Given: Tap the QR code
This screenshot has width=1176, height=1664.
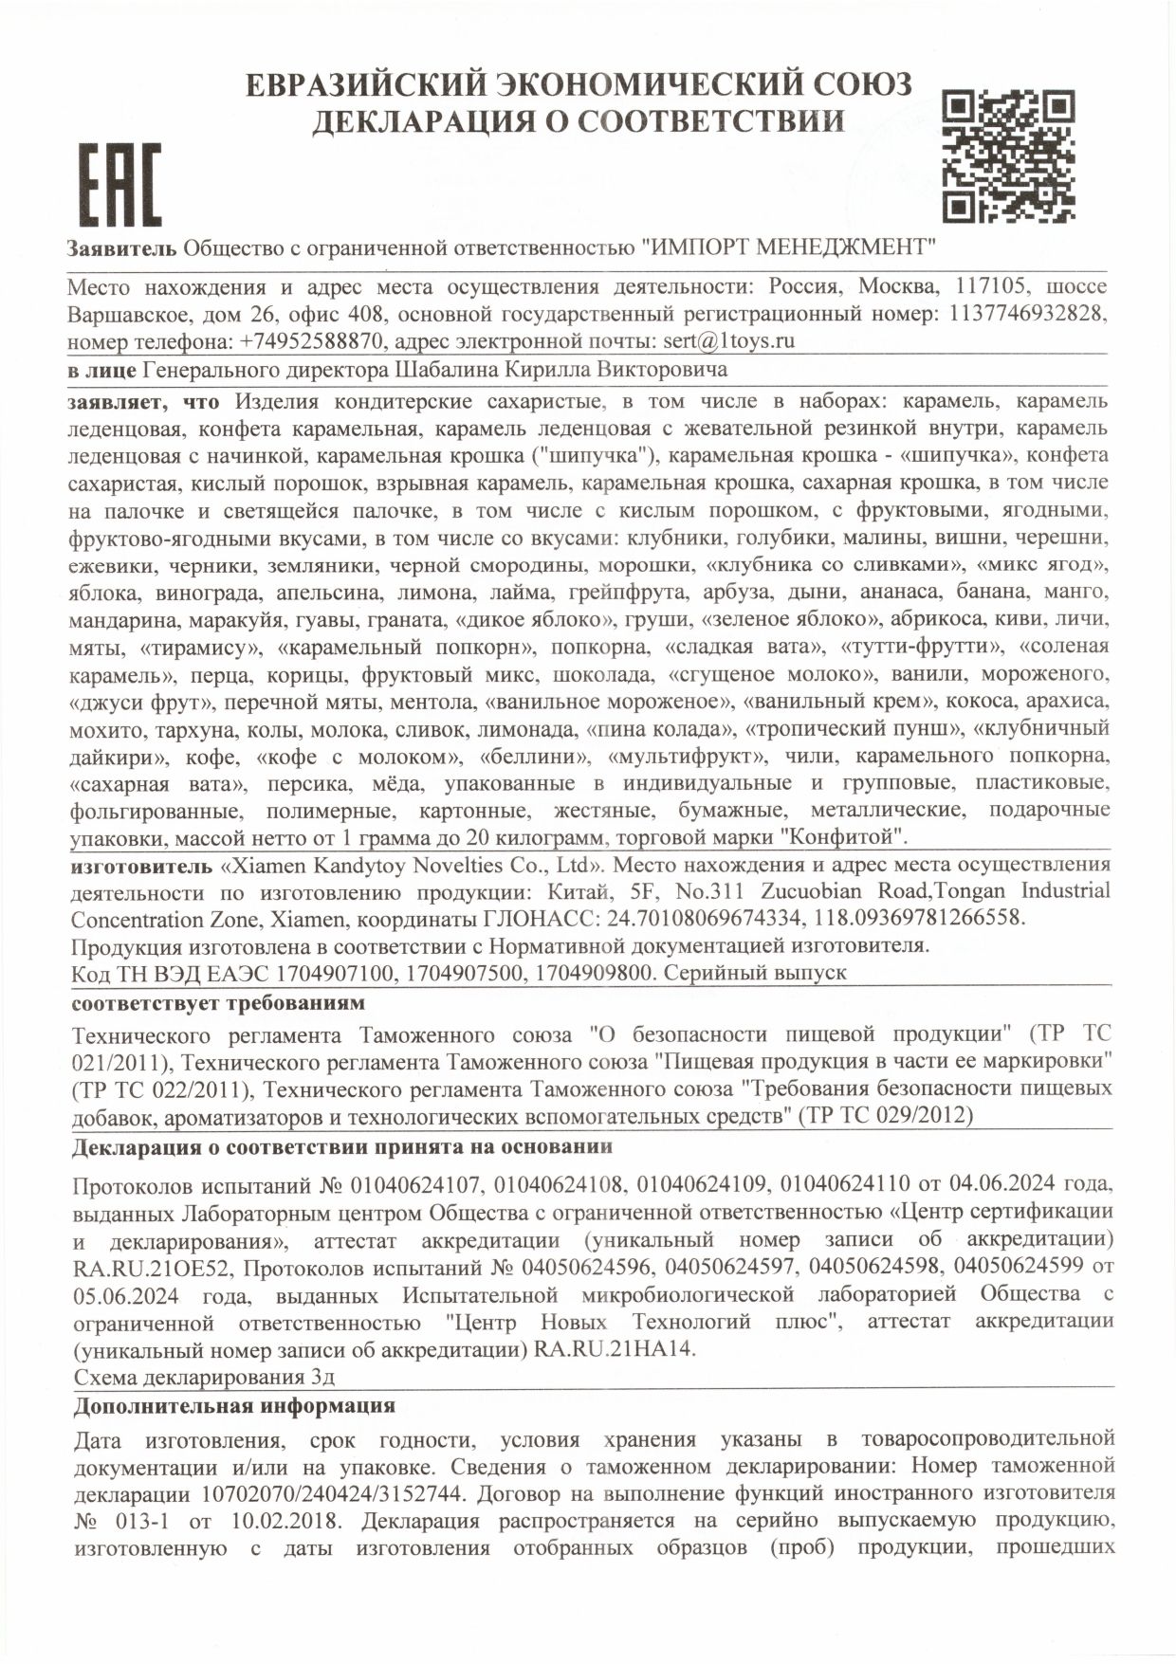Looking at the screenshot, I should (1009, 155).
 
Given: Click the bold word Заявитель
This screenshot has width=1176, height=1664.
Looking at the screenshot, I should (121, 248).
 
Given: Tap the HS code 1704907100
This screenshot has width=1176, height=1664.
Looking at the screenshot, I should (328, 974).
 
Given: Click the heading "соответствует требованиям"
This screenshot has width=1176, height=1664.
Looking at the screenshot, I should (218, 1003).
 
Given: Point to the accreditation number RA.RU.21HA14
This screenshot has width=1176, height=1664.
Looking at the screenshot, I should (616, 1350).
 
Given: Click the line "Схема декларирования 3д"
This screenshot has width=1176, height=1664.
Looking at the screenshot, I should (204, 1377).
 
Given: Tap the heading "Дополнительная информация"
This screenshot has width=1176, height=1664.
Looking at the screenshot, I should (233, 1406).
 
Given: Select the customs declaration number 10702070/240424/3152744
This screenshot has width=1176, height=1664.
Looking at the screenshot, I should (333, 1495).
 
